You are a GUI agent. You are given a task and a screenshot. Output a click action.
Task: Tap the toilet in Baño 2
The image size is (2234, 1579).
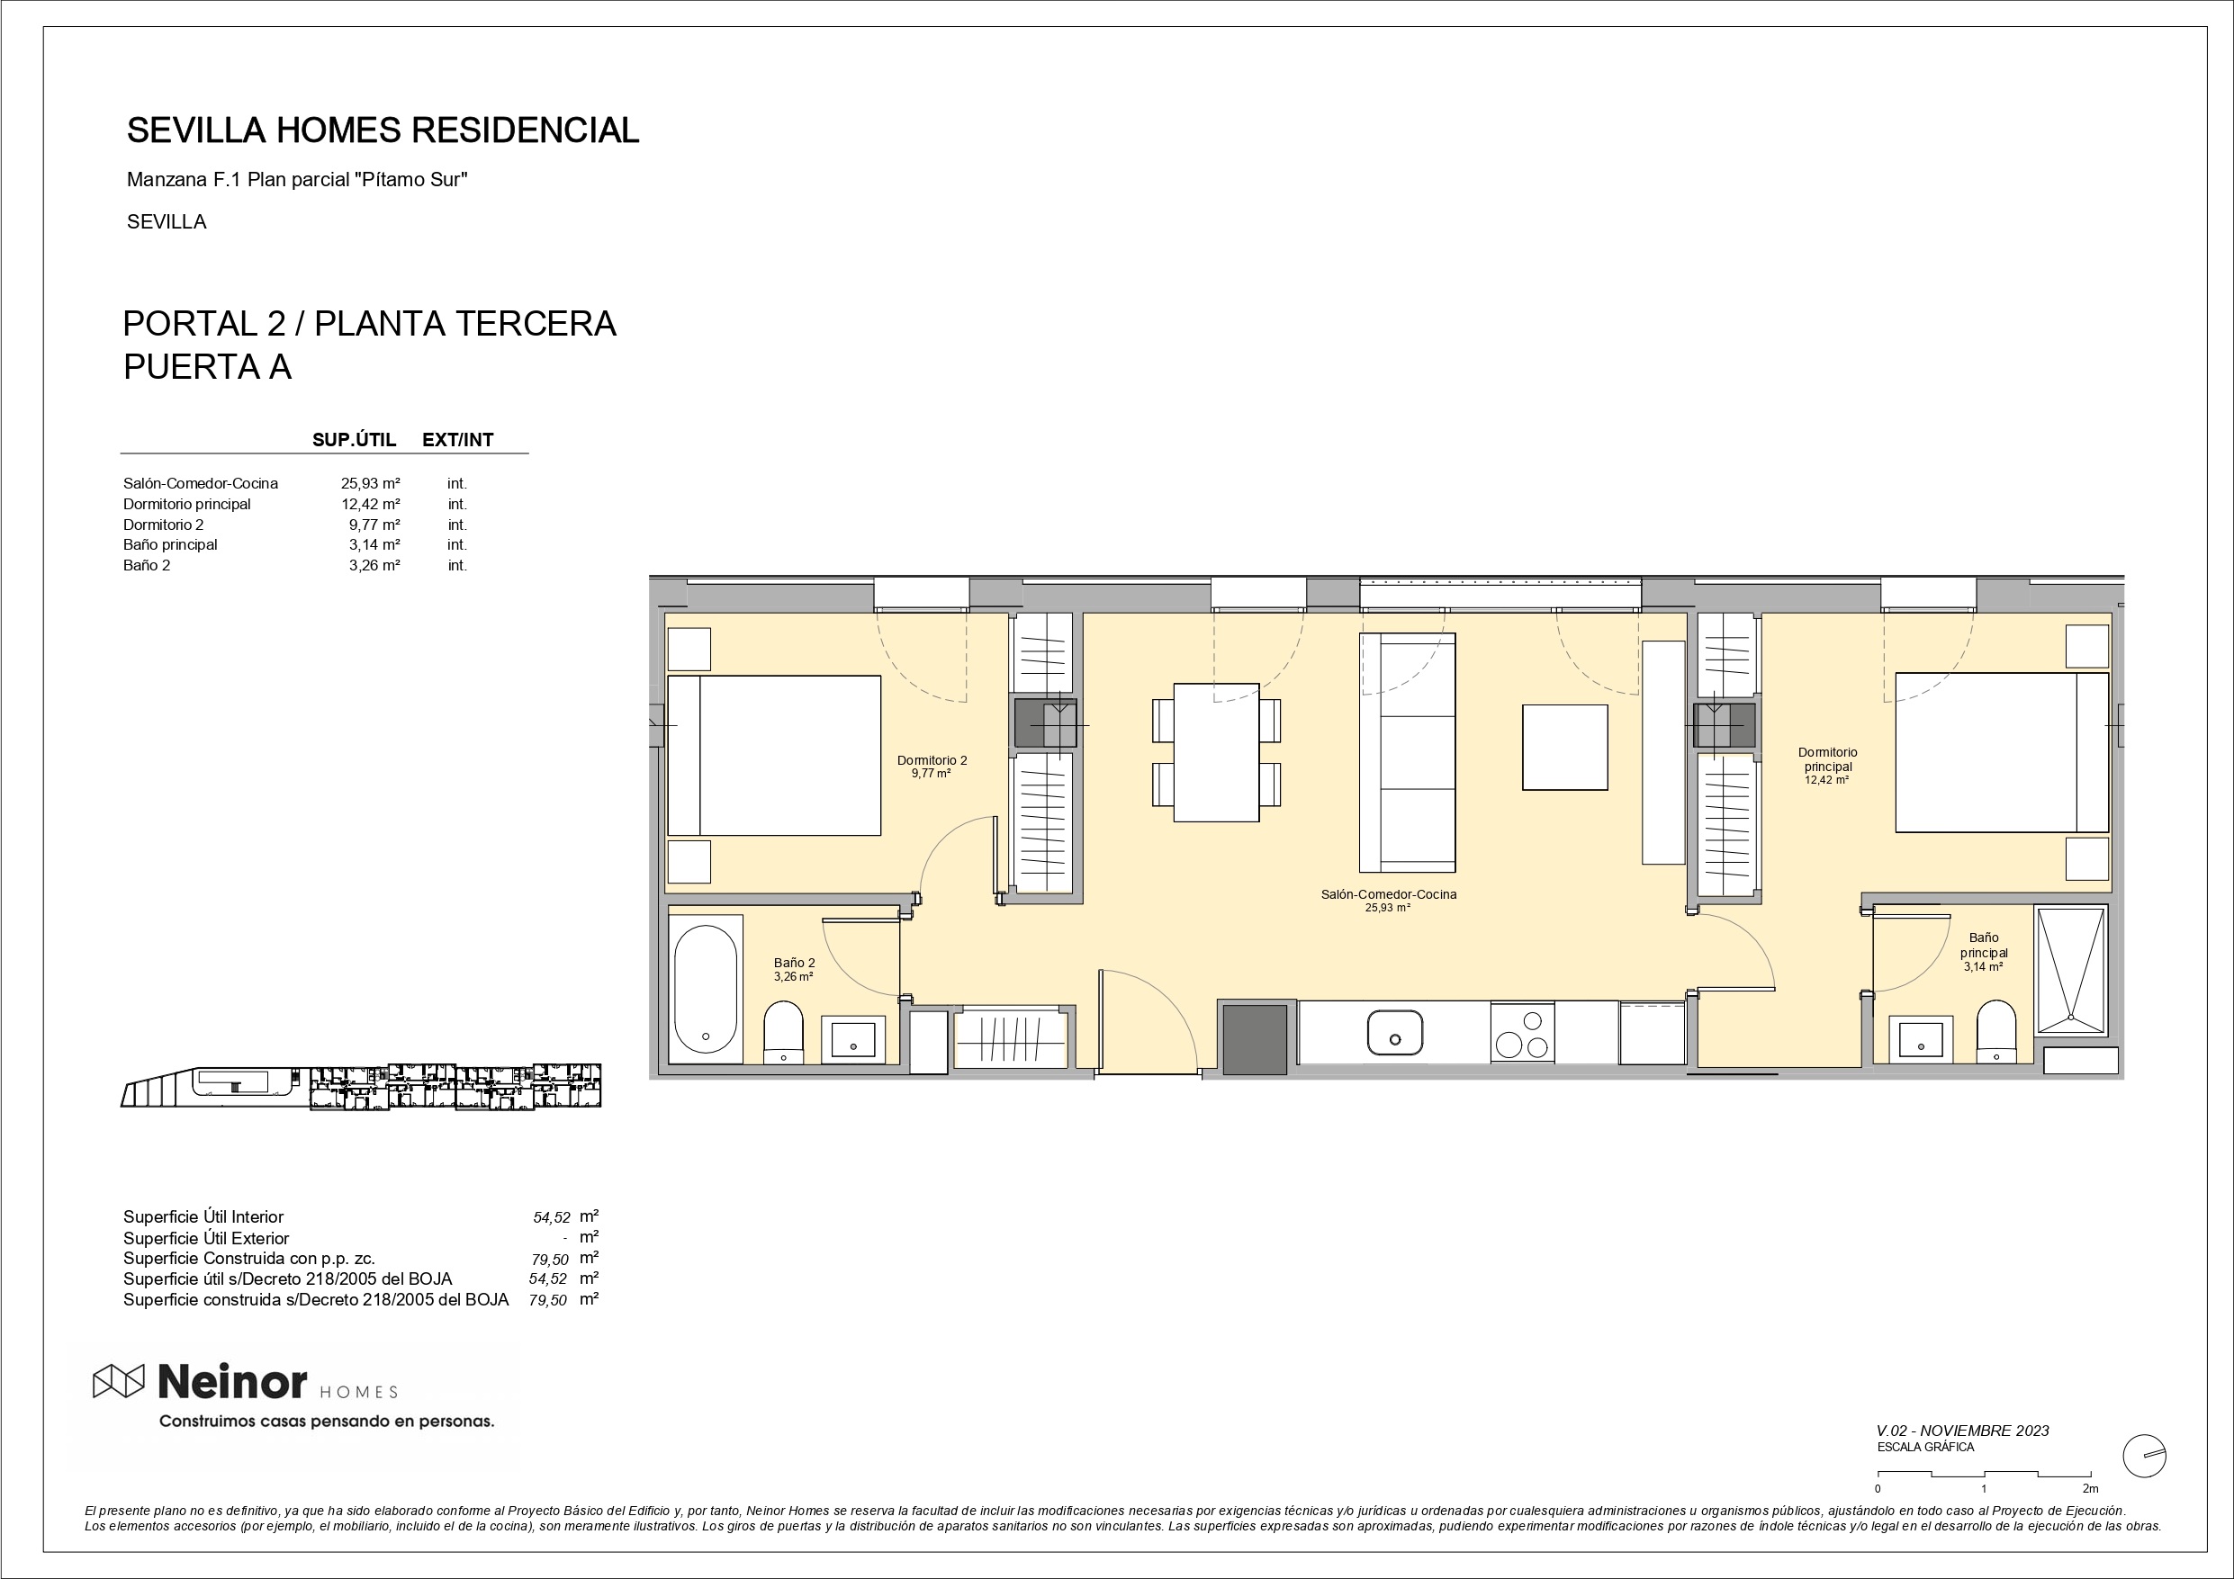(x=782, y=1031)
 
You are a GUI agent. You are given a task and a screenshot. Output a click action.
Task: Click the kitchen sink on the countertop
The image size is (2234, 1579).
(x=1394, y=1032)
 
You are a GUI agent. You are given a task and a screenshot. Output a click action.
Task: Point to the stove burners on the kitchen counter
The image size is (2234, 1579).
(x=1522, y=1032)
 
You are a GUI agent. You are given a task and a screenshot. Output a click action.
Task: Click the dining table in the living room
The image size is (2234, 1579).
(x=1216, y=752)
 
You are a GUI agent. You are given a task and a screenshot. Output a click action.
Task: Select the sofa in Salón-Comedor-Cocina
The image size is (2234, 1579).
(x=1407, y=752)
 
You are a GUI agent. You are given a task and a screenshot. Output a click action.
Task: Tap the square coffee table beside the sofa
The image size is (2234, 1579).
(x=1564, y=747)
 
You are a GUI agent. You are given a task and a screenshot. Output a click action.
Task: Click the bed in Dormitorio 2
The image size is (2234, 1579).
(x=773, y=755)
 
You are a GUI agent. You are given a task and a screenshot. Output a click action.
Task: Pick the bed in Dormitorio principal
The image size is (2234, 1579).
(x=2003, y=752)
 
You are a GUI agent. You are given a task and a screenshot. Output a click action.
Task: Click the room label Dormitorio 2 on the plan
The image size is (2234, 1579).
(x=932, y=761)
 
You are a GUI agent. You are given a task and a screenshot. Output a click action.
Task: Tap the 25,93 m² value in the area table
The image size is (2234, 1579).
(x=371, y=483)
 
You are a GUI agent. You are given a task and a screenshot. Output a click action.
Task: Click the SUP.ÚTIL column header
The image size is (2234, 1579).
(x=354, y=440)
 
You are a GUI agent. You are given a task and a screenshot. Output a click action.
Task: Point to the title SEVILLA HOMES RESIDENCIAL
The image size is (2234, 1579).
(x=383, y=130)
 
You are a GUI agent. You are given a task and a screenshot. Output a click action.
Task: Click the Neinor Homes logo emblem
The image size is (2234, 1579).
(x=119, y=1380)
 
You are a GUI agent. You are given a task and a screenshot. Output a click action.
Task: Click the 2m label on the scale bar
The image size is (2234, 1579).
(x=2090, y=1488)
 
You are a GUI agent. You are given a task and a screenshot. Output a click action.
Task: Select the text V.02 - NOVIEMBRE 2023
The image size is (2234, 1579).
(x=1962, y=1431)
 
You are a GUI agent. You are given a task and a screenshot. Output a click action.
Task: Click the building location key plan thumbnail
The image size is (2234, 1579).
(x=361, y=1087)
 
